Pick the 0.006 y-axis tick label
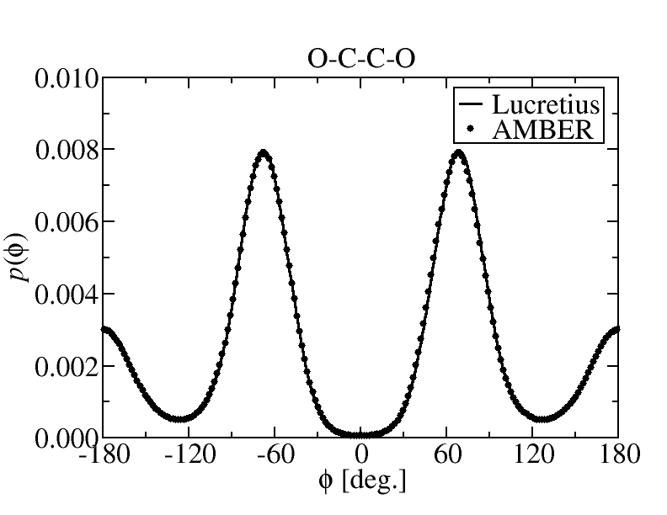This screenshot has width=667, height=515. point(67,223)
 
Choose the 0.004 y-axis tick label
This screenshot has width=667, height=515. point(67,295)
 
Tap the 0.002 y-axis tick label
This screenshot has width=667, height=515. point(67,367)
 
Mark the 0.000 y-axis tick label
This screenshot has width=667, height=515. point(67,438)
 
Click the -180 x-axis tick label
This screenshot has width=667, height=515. point(102,455)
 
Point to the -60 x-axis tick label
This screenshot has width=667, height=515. point(274,455)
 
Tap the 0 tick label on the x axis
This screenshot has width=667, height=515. point(360,455)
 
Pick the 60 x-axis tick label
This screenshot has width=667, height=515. point(446,455)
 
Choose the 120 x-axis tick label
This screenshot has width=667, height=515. point(532,455)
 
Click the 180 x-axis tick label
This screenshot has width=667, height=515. point(618,455)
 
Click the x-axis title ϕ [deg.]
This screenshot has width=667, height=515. point(360,483)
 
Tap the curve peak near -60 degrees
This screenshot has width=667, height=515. point(264,153)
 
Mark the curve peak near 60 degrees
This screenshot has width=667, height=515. point(458,153)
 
